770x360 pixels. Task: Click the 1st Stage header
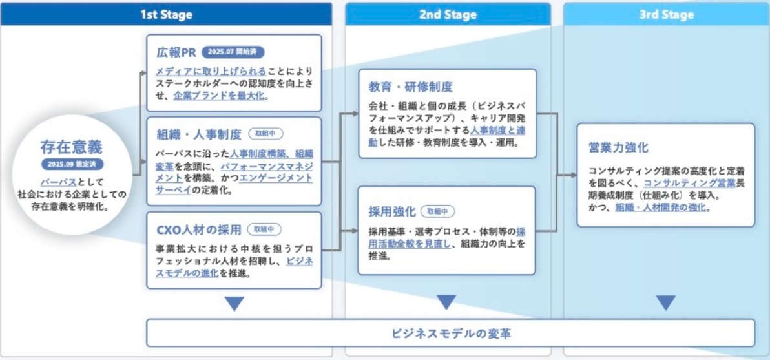(x=166, y=14)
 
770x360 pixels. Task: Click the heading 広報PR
(x=176, y=52)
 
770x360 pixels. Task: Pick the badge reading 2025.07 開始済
(x=233, y=52)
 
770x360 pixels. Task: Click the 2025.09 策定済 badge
(x=72, y=165)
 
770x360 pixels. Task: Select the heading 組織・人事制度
(x=199, y=134)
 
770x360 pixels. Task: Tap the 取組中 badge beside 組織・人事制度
(x=265, y=134)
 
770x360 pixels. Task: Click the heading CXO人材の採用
(x=199, y=229)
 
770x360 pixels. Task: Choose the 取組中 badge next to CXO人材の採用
(x=265, y=229)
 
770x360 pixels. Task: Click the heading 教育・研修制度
(x=411, y=87)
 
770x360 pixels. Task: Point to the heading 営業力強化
(x=618, y=147)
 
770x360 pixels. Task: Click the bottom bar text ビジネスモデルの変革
(x=452, y=334)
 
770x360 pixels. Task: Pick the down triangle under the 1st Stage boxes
(x=234, y=303)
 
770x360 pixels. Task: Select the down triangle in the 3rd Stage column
(x=665, y=303)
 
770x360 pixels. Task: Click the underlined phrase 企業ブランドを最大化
(x=220, y=96)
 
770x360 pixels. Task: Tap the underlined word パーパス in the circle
(x=58, y=182)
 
